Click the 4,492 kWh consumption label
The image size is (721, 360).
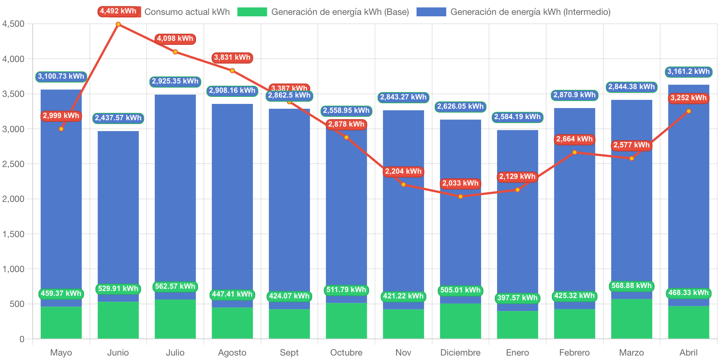118,11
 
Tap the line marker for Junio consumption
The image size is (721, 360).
118,24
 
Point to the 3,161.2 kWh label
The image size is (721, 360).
688,72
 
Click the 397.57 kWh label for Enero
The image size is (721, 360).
517,298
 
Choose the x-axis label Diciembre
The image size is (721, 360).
460,352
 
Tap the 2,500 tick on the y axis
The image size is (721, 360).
13,164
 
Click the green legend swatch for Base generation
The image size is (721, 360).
252,12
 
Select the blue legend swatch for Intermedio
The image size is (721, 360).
431,12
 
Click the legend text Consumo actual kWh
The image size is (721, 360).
187,12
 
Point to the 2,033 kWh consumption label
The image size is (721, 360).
460,183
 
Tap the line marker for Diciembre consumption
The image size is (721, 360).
460,196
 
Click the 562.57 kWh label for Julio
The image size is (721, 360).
175,287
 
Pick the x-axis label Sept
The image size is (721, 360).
289,352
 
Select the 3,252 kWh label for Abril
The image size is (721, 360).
688,98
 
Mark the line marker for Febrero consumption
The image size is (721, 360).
574,152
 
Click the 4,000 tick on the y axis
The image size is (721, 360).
13,59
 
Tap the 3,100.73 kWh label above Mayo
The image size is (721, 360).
61,76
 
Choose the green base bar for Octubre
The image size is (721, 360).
346,321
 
